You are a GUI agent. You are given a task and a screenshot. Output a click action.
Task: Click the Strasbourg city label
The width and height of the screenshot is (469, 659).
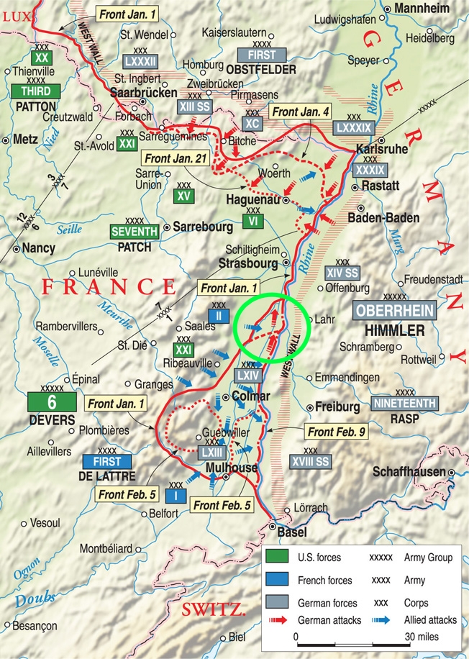[248, 264]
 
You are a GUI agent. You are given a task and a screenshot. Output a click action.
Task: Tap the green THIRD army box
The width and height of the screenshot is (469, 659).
[35, 91]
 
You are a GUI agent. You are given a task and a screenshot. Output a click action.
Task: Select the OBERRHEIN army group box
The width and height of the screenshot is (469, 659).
[395, 312]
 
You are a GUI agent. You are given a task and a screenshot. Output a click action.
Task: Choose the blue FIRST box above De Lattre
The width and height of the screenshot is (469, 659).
[106, 460]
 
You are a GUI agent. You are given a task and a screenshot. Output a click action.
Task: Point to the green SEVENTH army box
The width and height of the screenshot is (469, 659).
[134, 232]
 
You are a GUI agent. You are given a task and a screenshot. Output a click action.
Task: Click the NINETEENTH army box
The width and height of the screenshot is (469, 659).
[404, 404]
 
